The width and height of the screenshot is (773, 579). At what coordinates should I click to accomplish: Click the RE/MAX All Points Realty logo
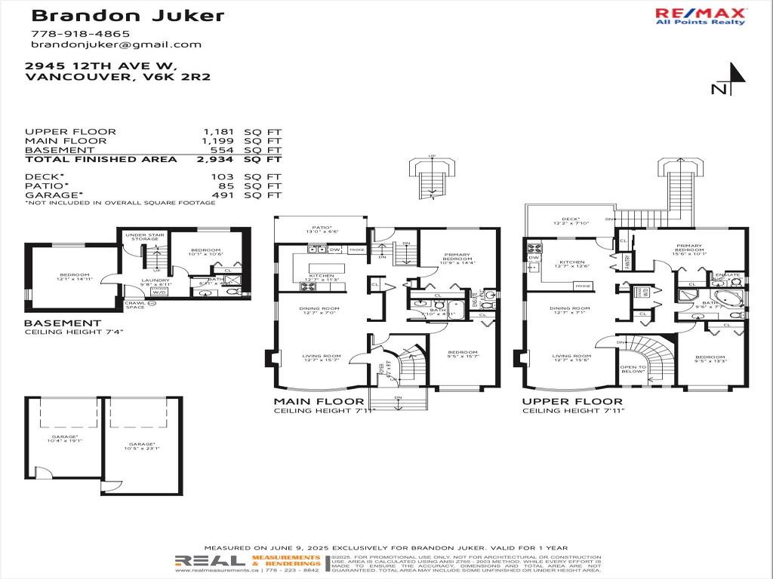[x=700, y=16]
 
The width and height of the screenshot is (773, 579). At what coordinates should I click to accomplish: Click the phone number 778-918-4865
[x=80, y=33]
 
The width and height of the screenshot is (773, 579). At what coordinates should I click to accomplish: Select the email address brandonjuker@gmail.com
[x=116, y=44]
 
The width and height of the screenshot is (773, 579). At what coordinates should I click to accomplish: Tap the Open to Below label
[x=633, y=369]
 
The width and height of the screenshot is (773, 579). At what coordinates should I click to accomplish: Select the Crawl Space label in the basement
[x=135, y=305]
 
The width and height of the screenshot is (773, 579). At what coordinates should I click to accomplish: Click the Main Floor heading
[x=319, y=401]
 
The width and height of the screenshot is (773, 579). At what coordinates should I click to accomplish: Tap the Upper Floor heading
[x=572, y=401]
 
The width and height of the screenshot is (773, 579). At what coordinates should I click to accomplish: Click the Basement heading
[x=63, y=323]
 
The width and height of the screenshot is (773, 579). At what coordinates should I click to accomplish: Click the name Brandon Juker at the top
[x=128, y=15]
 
